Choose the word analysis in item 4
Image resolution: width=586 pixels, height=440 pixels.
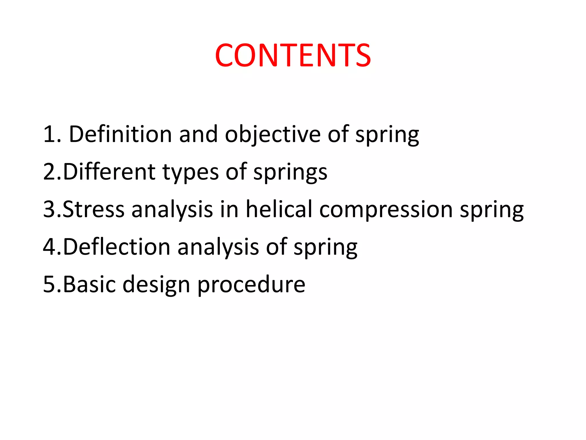(x=218, y=247)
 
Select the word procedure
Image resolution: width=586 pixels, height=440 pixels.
(x=251, y=285)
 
